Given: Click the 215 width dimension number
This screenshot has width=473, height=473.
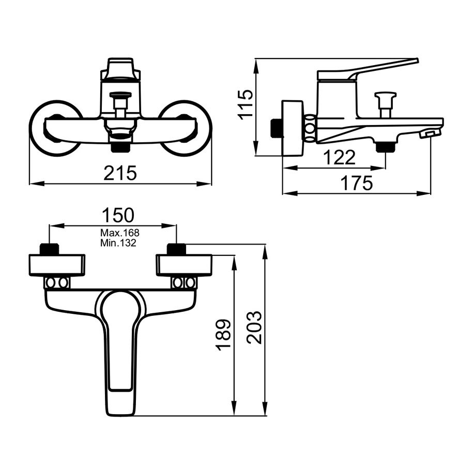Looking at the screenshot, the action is coord(120,173).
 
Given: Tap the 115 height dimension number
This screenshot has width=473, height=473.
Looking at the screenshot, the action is coord(245,104).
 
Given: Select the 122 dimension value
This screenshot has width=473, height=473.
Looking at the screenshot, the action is coord(339,157).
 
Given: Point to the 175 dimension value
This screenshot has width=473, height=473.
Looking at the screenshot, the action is coord(356,183).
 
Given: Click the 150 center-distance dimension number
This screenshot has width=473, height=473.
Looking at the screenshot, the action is coord(118,215).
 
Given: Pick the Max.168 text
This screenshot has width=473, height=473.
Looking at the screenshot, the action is coord(120,233).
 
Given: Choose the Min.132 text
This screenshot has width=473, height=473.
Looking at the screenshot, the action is coord(118,242).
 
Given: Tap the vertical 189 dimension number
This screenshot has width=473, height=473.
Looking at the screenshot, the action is coord(223,334).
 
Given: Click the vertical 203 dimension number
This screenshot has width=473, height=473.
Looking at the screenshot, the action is coord(254,327).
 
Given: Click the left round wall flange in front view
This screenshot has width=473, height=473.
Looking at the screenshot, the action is coord(33,128).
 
